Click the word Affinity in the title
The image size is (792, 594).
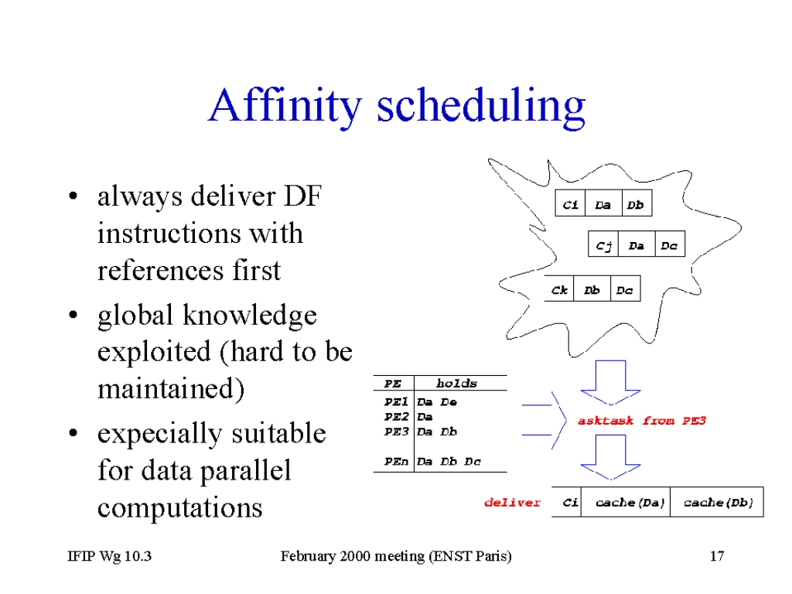(x=285, y=105)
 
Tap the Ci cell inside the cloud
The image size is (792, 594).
(x=570, y=203)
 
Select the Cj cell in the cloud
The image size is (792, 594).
(x=603, y=244)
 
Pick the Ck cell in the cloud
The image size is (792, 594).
(x=559, y=288)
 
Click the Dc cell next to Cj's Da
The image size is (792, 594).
(x=670, y=244)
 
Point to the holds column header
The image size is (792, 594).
(x=456, y=384)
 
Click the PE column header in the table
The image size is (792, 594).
(x=392, y=384)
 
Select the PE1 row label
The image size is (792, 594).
(x=395, y=402)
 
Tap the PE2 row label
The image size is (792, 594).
(x=395, y=417)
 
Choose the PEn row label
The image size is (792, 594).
(x=395, y=461)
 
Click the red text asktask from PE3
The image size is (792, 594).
(x=641, y=421)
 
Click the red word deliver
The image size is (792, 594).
(x=512, y=503)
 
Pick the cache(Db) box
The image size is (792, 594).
(x=717, y=502)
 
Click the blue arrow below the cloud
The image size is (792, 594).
(x=611, y=383)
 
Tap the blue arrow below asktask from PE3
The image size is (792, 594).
(x=611, y=457)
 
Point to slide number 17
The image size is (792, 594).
(x=717, y=556)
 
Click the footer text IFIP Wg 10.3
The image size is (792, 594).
(x=110, y=556)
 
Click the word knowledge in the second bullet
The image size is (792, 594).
(x=250, y=316)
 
